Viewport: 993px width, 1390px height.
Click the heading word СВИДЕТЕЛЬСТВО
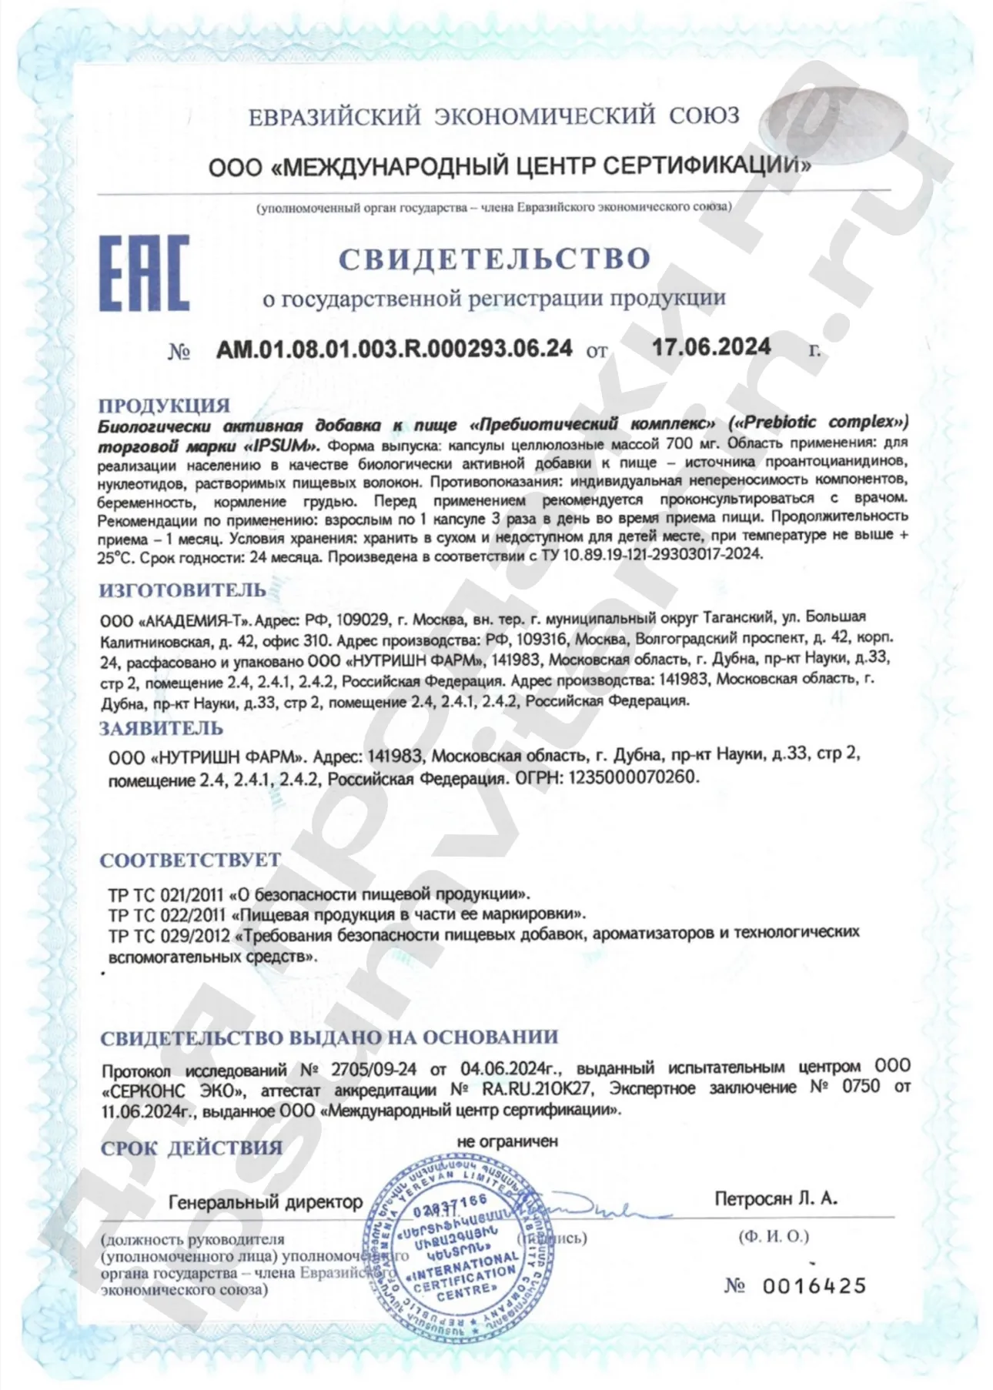495,259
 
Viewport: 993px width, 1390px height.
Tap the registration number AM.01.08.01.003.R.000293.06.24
394,349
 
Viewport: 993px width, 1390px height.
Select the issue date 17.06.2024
711,347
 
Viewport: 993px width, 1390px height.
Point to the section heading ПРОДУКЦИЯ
165,405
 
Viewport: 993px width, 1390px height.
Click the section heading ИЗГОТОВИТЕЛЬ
183,590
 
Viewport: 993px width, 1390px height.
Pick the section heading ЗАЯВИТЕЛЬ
162,728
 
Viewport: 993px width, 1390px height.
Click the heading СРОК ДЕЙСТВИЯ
192,1148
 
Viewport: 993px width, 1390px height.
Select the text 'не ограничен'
507,1141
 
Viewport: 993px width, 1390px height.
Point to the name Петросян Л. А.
776,1198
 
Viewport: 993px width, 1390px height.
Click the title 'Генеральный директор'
266,1202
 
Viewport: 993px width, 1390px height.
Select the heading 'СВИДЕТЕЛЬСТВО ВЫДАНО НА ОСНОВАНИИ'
329,1037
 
